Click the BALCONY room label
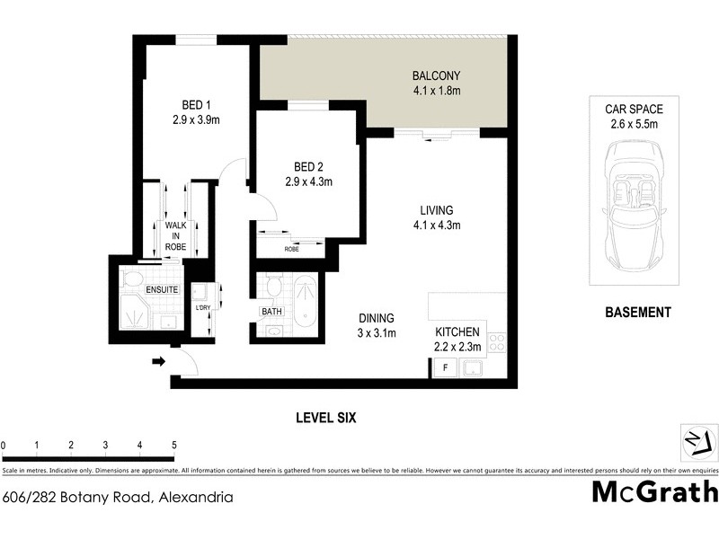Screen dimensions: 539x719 [x=436, y=75]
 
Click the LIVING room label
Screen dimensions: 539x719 [x=435, y=210]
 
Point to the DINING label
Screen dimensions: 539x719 [x=377, y=318]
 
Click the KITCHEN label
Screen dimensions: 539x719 [x=458, y=332]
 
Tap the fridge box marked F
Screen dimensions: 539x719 [x=443, y=367]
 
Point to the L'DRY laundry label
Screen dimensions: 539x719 [x=203, y=308]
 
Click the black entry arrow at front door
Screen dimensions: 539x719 [x=157, y=361]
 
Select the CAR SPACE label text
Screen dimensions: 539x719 [x=634, y=110]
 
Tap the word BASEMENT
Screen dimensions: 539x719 [x=637, y=313]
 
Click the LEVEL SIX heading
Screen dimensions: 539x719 [x=327, y=418]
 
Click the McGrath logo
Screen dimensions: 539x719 [x=654, y=492]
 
